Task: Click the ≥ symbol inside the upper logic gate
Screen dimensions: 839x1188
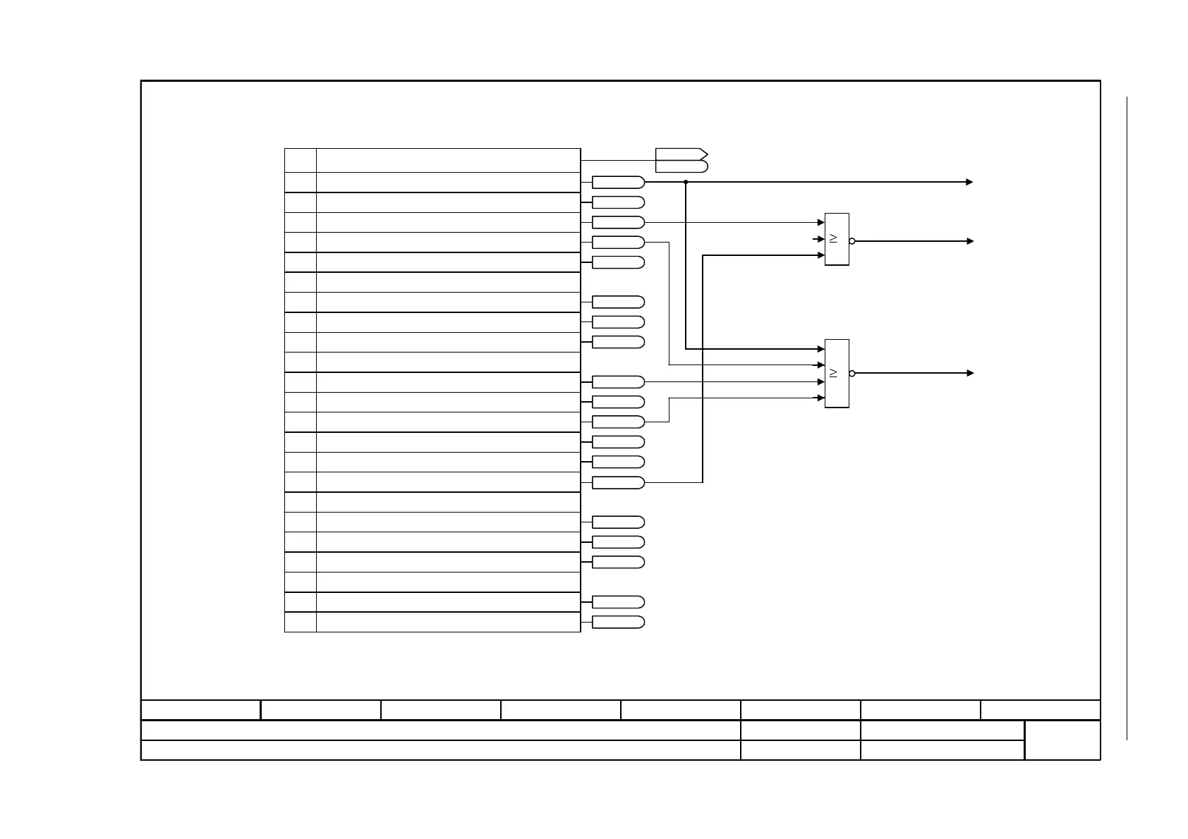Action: [833, 238]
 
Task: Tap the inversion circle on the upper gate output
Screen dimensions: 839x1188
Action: [852, 241]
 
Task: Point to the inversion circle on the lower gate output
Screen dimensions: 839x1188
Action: [852, 373]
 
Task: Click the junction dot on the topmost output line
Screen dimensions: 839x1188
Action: [686, 182]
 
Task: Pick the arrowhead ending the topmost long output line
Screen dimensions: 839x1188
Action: [970, 182]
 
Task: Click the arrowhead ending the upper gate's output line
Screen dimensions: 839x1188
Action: [970, 241]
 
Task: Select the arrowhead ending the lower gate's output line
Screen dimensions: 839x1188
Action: [970, 373]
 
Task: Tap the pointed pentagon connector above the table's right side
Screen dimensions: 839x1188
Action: [681, 154]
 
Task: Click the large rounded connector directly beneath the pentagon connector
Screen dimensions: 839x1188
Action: [681, 166]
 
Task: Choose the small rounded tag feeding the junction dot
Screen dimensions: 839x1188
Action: [618, 183]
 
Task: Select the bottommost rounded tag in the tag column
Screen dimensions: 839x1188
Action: [618, 622]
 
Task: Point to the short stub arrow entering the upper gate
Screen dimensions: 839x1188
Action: [819, 239]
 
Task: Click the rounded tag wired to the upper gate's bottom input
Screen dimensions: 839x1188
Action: [618, 483]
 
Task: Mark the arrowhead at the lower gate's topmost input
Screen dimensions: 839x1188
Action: [820, 349]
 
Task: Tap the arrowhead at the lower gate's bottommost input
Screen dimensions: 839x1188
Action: [820, 398]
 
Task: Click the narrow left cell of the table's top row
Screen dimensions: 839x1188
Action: [301, 160]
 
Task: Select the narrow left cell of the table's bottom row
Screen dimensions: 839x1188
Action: [301, 622]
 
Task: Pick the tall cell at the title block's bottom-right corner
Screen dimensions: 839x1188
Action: [1062, 740]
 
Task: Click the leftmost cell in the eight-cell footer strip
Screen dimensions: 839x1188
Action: [201, 710]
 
